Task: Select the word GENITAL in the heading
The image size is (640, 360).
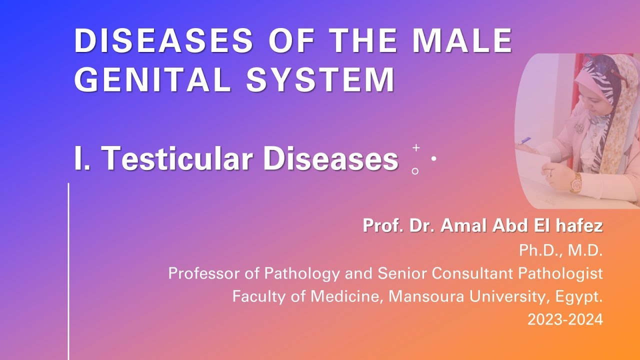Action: click(x=153, y=79)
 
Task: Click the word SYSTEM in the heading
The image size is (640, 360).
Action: click(x=320, y=79)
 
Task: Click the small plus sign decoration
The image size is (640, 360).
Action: click(x=416, y=148)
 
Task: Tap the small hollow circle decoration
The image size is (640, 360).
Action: click(x=415, y=171)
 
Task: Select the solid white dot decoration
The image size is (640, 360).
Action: click(x=433, y=158)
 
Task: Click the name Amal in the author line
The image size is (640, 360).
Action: click(x=466, y=226)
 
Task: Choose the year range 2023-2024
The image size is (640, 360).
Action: click(x=565, y=320)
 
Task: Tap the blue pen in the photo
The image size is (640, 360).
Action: click(x=525, y=141)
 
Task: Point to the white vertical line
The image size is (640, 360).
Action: click(x=68, y=270)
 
